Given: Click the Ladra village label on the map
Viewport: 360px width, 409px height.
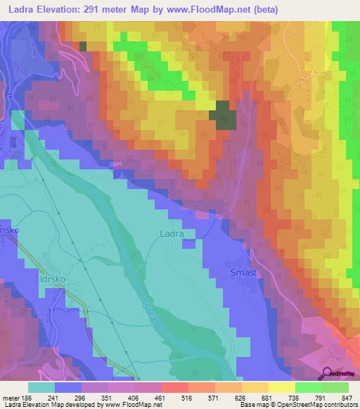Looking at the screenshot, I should pos(172,233).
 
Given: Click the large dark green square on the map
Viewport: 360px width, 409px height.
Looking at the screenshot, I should pos(224,115).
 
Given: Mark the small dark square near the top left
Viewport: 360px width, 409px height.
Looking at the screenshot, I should pos(83,46).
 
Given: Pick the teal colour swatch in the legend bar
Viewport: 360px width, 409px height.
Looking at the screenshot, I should pos(41,387).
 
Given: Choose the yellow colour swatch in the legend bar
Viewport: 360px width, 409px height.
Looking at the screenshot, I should pos(281,387).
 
